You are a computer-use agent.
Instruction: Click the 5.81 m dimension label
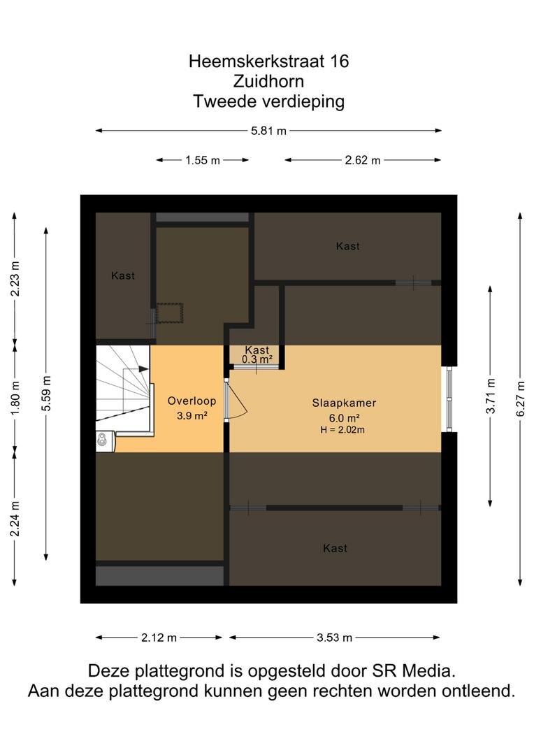(268, 131)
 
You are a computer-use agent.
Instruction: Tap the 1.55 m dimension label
(203, 160)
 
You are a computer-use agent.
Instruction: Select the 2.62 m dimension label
(362, 160)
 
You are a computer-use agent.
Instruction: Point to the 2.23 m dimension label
(15, 279)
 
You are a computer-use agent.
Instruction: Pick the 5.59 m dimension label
(46, 394)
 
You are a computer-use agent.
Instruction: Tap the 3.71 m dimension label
(490, 396)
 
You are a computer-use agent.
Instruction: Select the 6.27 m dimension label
(521, 398)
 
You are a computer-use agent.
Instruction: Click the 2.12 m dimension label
(159, 638)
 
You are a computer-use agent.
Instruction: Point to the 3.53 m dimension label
(334, 638)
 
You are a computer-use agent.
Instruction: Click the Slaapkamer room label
(344, 403)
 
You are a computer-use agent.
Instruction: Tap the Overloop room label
(192, 401)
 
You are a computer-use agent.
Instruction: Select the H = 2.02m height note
(342, 430)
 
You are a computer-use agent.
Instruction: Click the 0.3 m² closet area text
(257, 360)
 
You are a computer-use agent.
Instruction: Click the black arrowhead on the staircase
(143, 369)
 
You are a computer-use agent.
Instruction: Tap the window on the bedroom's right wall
(449, 399)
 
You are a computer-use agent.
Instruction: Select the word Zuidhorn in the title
(268, 81)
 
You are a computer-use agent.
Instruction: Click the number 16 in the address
(340, 61)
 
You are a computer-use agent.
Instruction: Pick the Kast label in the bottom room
(335, 548)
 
